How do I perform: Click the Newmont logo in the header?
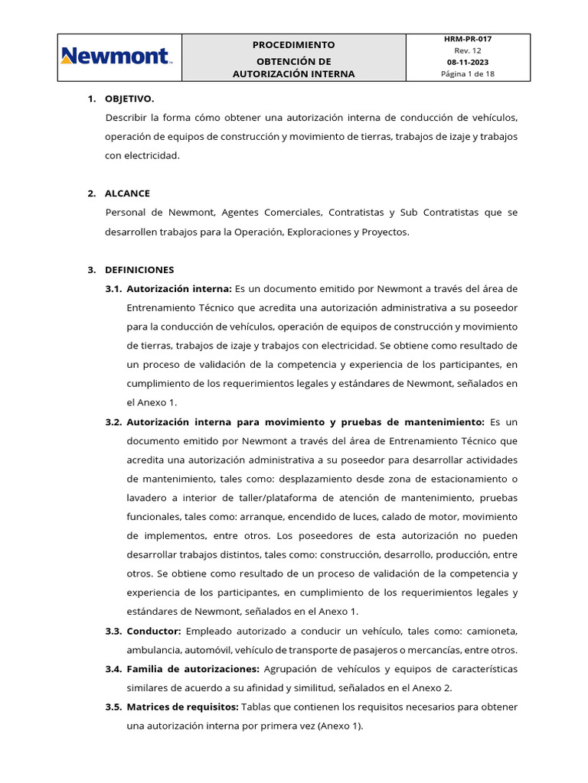tap(117, 57)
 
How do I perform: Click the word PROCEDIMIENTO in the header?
tap(294, 45)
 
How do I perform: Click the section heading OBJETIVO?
tap(129, 99)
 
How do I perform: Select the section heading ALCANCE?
tap(127, 193)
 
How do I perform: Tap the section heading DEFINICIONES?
tap(139, 270)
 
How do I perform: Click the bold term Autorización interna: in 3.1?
tap(179, 288)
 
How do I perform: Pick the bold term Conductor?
tap(154, 631)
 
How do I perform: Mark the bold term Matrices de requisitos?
tap(183, 707)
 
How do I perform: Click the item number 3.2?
tap(113, 422)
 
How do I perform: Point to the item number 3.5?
tap(113, 707)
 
